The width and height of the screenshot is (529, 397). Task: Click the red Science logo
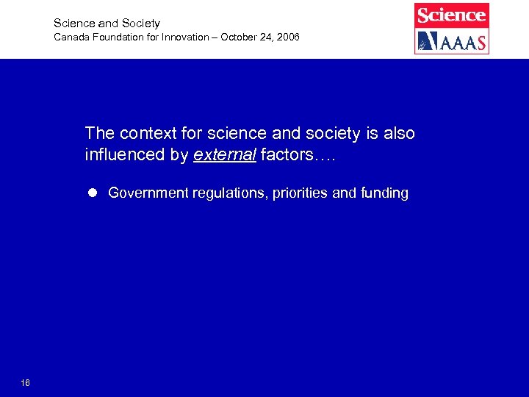click(451, 15)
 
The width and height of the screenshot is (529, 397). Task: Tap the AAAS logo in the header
click(451, 41)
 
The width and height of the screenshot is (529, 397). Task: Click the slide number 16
click(26, 382)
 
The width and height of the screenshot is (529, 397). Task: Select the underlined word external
click(224, 155)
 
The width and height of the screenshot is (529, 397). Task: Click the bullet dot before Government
click(93, 193)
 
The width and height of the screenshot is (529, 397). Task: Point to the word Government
click(148, 193)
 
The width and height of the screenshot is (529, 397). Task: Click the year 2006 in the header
click(287, 37)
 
